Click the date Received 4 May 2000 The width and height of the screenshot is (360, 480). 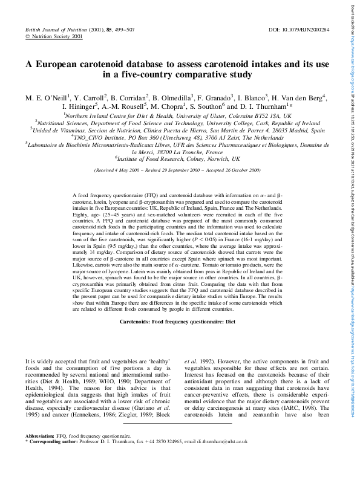[118, 170]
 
